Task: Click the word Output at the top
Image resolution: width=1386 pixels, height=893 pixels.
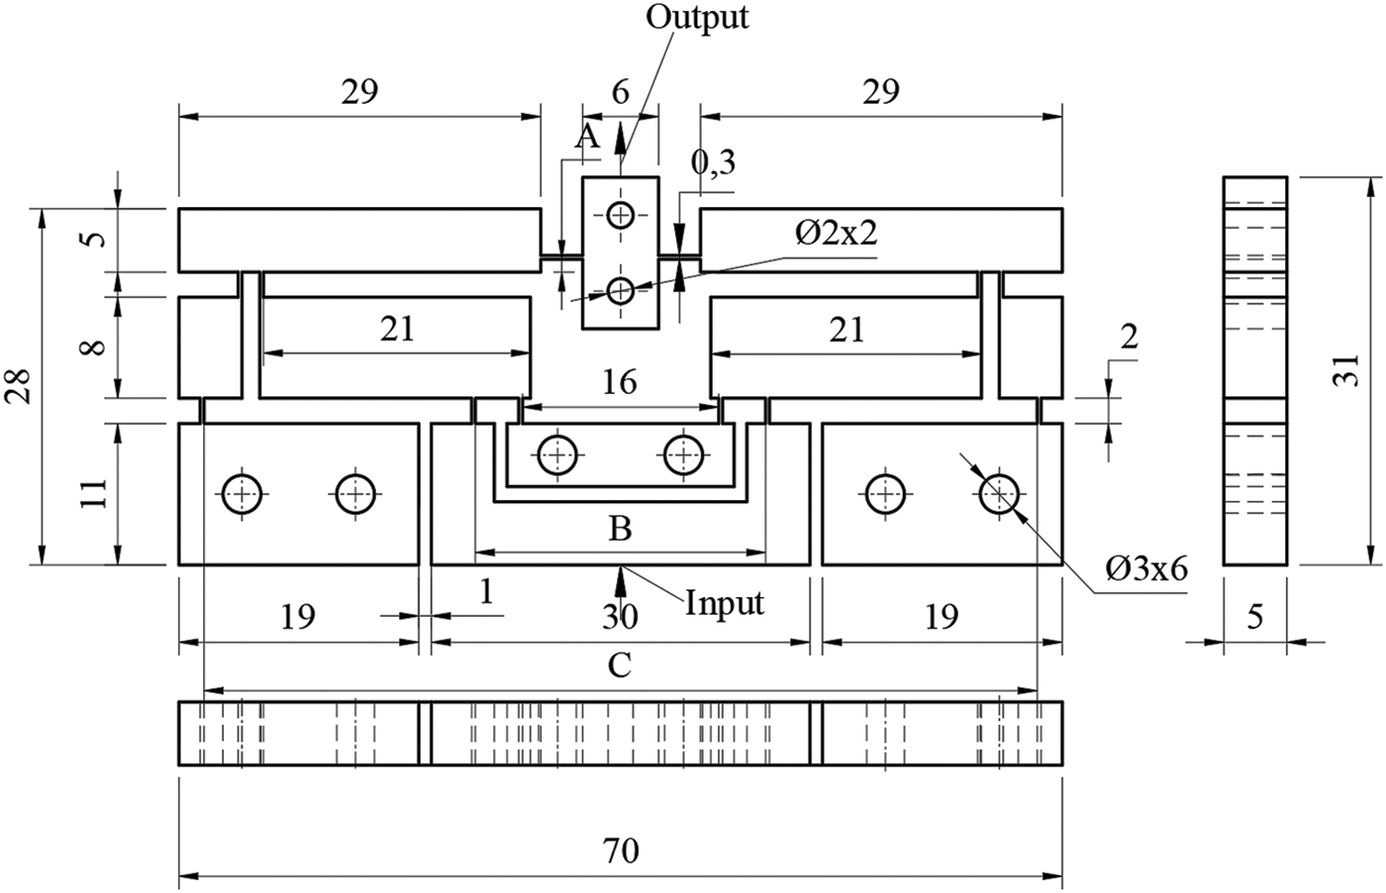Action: coord(697,17)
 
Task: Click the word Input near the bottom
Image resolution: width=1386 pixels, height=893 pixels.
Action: coord(725,602)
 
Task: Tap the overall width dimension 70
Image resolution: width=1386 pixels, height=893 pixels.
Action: coord(621,849)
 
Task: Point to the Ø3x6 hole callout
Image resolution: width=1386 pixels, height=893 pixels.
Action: coord(1146,569)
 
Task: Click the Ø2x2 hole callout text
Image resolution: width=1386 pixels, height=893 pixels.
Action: coord(837,233)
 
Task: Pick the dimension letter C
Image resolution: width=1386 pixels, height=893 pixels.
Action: coord(620,665)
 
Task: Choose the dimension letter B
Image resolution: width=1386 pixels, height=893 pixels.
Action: coord(620,530)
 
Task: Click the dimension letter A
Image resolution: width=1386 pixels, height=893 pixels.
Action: coord(588,138)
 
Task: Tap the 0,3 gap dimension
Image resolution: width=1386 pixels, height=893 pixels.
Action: coord(713,163)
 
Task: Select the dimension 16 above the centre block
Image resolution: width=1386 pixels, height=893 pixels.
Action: coord(620,382)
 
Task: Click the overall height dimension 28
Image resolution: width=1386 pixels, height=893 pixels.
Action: coord(20,386)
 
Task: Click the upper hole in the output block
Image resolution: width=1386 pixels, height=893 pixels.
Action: coord(621,215)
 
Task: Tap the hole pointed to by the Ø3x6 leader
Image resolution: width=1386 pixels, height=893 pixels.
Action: coord(999,493)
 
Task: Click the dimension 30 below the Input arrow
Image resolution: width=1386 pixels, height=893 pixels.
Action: coord(621,617)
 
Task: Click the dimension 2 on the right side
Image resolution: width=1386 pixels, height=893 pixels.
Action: coord(1129,337)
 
